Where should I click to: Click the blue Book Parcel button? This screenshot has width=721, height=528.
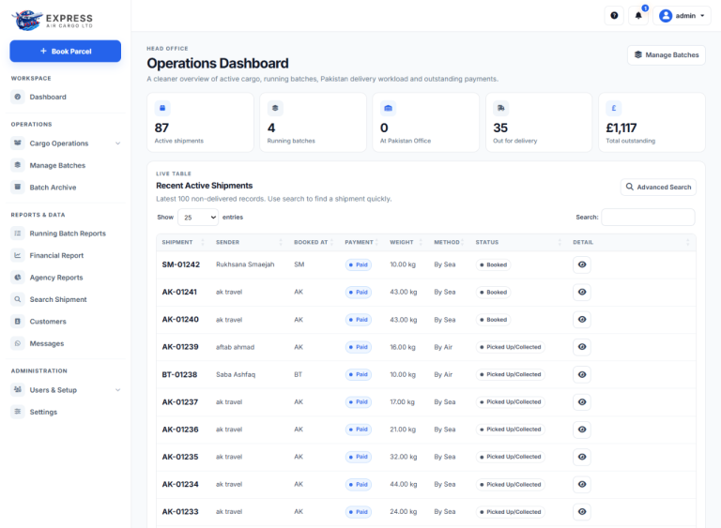click(x=66, y=51)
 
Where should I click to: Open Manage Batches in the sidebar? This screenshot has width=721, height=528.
click(x=57, y=165)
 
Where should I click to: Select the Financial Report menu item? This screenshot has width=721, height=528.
click(x=56, y=255)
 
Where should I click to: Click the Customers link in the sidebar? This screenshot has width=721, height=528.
click(x=48, y=322)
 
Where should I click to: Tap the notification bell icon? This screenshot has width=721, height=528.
click(x=638, y=16)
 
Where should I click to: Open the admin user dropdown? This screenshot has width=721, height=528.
click(x=682, y=16)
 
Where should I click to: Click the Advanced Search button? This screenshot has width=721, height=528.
click(x=658, y=187)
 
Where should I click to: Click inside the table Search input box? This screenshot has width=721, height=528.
click(x=648, y=217)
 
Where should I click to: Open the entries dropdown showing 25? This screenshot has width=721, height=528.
click(x=198, y=218)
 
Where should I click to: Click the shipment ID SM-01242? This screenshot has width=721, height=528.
click(x=180, y=264)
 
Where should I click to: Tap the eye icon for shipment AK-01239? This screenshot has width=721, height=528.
click(x=582, y=347)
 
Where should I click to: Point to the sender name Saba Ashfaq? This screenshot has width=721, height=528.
click(x=236, y=374)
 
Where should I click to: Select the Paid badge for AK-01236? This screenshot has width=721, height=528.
click(x=359, y=430)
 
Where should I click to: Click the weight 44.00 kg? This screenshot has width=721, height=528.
click(x=403, y=484)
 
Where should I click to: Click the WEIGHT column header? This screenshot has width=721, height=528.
click(x=402, y=242)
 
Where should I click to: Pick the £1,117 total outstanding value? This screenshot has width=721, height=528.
click(x=621, y=128)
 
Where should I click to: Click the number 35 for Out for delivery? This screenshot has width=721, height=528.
click(x=500, y=128)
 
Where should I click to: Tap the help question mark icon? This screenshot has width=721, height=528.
click(x=614, y=16)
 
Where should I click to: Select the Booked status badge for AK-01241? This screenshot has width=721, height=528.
click(x=493, y=293)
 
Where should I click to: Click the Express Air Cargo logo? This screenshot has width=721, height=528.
click(x=52, y=20)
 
